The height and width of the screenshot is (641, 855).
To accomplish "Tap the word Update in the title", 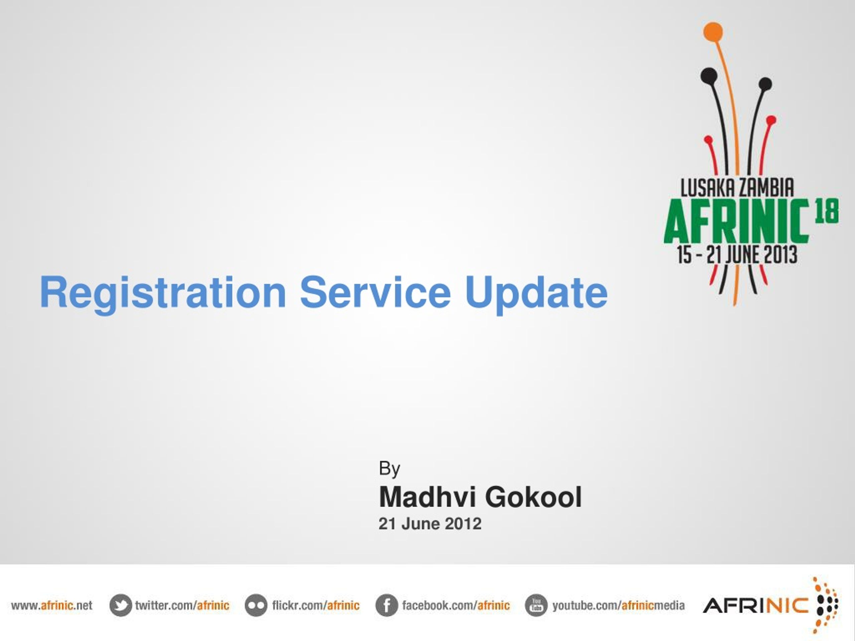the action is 536,294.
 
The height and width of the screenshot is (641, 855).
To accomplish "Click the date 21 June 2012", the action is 430,524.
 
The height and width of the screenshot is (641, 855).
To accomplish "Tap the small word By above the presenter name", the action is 389,469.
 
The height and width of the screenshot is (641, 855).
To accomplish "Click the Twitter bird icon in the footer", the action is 121,605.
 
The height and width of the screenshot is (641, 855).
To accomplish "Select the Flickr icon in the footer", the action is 256,605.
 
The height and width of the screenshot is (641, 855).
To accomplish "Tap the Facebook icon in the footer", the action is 386,605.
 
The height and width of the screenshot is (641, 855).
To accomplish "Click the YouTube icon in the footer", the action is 536,605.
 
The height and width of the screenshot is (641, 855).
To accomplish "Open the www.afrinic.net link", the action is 52,605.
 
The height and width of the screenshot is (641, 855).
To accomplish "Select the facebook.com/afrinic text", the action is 456,605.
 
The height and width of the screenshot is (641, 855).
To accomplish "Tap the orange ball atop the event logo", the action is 713,32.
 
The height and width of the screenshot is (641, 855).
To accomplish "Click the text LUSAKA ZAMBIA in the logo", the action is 737,188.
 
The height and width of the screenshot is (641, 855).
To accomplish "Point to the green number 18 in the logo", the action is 827,211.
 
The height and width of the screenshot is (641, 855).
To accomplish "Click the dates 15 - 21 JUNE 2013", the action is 737,255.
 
